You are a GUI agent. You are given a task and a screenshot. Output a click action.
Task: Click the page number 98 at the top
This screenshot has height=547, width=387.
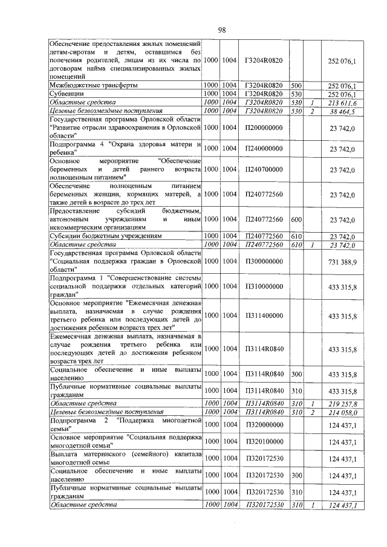click(221, 30)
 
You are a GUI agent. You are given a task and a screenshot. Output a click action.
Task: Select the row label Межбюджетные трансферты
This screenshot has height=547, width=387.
click(92, 86)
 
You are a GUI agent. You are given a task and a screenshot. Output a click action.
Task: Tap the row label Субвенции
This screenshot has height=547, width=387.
click(65, 94)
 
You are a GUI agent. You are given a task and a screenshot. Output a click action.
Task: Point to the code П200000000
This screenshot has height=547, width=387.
click(264, 128)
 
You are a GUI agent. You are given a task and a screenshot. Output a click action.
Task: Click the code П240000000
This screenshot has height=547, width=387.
click(264, 149)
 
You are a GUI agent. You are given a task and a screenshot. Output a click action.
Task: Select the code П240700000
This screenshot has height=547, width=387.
click(264, 170)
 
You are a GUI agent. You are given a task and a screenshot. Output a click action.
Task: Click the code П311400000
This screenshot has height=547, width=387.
click(264, 315)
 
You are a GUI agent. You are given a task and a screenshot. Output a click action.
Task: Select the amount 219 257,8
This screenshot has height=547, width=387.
click(342, 403)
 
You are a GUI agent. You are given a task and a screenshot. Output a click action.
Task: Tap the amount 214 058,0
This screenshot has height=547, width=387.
click(342, 412)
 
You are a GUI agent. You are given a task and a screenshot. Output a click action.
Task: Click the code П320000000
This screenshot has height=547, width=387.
click(264, 424)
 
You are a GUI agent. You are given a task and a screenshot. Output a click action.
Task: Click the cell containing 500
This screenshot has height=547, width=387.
click(296, 86)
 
